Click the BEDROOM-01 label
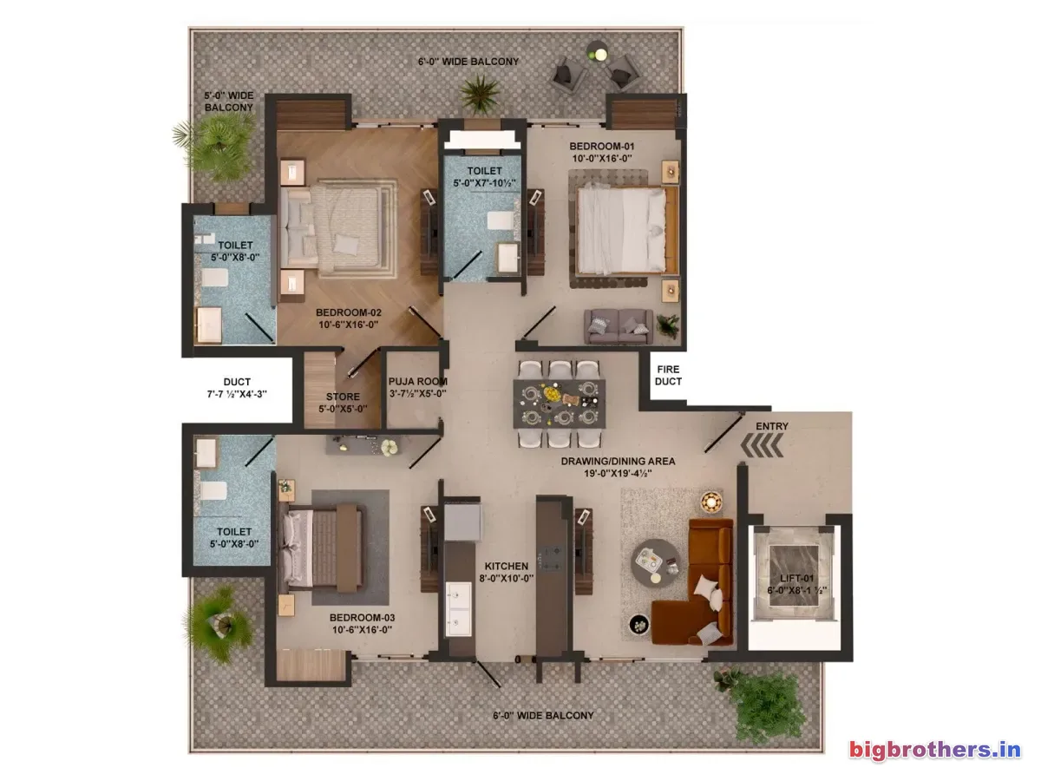pos(601,146)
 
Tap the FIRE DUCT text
pos(668,375)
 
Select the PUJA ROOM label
pos(417,381)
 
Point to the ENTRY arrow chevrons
pos(762,446)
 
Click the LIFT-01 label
pos(796,578)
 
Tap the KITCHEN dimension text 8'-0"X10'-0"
pos(506,579)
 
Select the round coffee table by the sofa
pos(655,563)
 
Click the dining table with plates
pos(560,404)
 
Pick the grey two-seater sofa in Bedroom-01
pos(618,326)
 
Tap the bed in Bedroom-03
pos(324,548)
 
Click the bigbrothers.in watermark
pos(935,750)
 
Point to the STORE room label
pos(343,397)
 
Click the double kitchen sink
pos(459,609)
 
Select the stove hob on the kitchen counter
pos(550,559)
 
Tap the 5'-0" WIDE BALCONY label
pos(229,102)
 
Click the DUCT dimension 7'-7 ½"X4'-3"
pos(237,394)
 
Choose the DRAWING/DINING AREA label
pos(618,461)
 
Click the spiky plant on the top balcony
pos(480,94)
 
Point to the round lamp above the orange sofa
pos(710,502)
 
